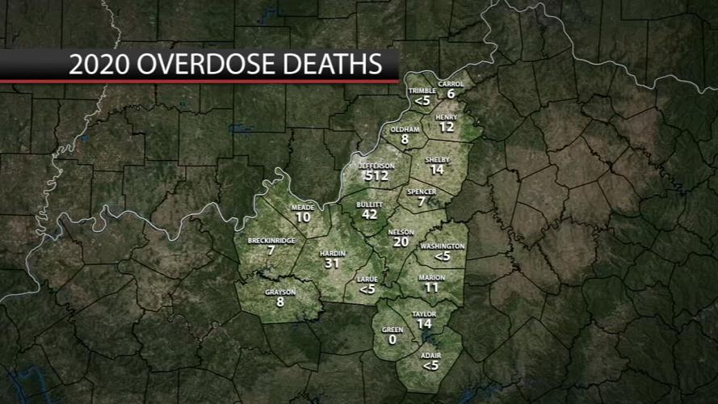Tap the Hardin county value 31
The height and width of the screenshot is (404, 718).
(333, 264)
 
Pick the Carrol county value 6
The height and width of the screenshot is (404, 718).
(451, 94)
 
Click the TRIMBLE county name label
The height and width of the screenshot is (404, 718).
(422, 90)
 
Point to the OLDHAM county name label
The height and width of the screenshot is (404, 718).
(405, 129)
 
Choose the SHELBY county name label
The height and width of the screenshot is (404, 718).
(437, 160)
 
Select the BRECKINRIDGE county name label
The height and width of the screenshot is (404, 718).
(271, 240)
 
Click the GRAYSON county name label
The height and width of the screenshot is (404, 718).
(280, 292)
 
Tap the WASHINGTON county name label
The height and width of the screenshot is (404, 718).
(443, 246)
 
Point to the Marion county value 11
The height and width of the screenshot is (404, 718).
(430, 288)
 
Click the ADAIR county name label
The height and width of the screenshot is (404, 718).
(430, 356)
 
